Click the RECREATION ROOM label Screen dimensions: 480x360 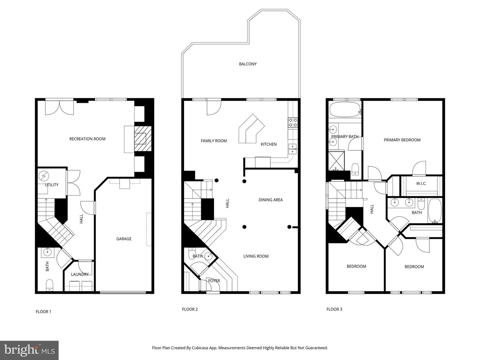click(87, 139)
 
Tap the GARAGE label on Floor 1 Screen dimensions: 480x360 click(124, 239)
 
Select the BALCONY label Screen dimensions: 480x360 click(248, 64)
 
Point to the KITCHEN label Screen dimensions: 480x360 click(269, 144)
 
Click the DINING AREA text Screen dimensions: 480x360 click(271, 200)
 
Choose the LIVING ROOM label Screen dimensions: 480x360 click(256, 256)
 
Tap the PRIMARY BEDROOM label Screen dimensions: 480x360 click(402, 140)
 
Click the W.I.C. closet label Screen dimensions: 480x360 click(421, 184)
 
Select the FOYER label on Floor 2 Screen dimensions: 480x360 click(214, 281)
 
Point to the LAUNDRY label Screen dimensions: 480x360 click(80, 274)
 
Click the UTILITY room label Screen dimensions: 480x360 click(52, 185)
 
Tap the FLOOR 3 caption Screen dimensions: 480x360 click(334, 309)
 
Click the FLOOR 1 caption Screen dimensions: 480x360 click(43, 312)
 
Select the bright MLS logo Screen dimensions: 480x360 click(29, 350)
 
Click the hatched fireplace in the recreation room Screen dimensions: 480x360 click(143, 139)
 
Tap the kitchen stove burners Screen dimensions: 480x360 click(293, 122)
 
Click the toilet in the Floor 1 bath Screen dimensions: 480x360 click(49, 285)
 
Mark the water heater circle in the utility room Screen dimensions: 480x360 click(44, 176)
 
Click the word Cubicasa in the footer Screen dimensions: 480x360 click(200, 348)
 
